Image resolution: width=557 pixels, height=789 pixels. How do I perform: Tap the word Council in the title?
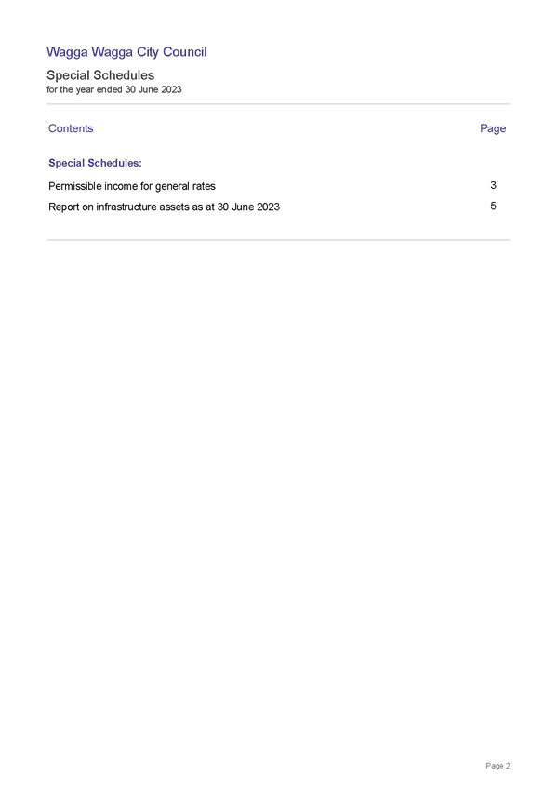coord(185,52)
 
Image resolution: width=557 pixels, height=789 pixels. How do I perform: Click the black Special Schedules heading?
coord(100,75)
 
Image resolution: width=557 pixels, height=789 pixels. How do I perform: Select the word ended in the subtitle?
coord(110,89)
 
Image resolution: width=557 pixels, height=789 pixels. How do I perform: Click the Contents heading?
coord(71,128)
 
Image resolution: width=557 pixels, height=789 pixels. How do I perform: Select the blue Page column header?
coord(493,128)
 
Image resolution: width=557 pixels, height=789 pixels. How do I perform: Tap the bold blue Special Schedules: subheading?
coord(95,163)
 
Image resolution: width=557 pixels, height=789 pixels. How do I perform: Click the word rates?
coord(203,187)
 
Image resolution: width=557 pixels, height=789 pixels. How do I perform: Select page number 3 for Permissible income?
coord(493,186)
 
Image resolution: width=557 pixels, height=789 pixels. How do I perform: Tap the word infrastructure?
coord(126,207)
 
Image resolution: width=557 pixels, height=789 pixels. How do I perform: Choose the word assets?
coord(174,207)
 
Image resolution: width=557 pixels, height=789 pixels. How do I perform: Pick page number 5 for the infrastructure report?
coord(493,207)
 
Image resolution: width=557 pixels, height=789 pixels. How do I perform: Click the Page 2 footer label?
coord(497,766)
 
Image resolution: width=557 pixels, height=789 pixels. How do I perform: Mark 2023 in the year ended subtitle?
coord(171,89)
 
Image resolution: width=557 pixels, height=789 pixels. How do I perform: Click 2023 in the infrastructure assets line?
coord(268,207)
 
